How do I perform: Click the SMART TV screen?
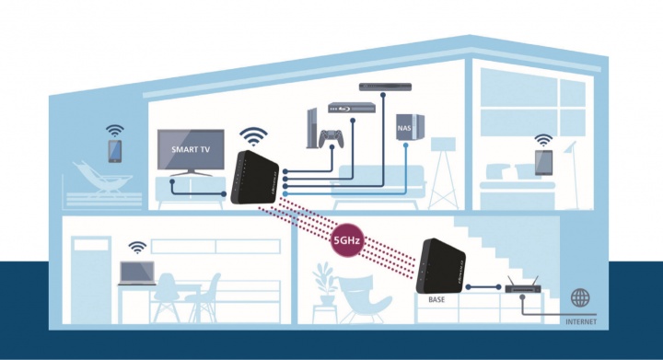pos(191,148)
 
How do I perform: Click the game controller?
pos(329,137)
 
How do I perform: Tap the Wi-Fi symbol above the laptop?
pos(137,247)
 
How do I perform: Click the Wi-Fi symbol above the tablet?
pos(543,140)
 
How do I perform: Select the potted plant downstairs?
pos(324,280)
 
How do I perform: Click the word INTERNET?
pos(580,322)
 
